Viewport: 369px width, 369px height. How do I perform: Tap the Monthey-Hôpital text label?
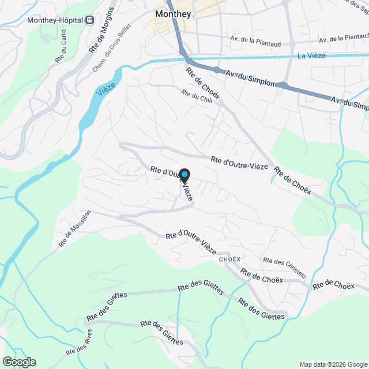(55, 20)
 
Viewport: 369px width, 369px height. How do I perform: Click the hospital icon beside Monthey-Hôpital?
(89, 20)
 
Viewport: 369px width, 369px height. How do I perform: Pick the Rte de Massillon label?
(74, 229)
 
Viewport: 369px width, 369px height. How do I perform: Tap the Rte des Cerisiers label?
(284, 268)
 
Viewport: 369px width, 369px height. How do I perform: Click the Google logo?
(18, 362)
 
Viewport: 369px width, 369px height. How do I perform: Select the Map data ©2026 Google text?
(333, 364)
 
